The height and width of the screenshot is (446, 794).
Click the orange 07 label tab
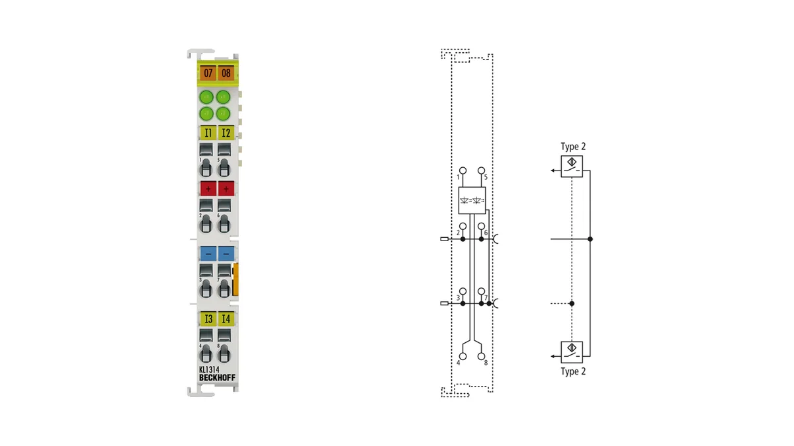[208, 73]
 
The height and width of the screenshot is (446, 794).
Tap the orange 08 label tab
[226, 73]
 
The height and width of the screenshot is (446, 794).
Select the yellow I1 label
[208, 133]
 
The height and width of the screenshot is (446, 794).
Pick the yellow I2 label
[226, 133]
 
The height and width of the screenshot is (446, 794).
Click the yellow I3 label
[208, 318]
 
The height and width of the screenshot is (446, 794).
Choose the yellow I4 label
[226, 318]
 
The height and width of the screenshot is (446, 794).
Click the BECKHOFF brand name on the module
[217, 378]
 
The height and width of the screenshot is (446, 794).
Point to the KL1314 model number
[209, 369]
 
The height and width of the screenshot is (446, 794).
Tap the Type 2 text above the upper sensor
[573, 147]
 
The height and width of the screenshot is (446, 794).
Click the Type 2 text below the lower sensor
[573, 371]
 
